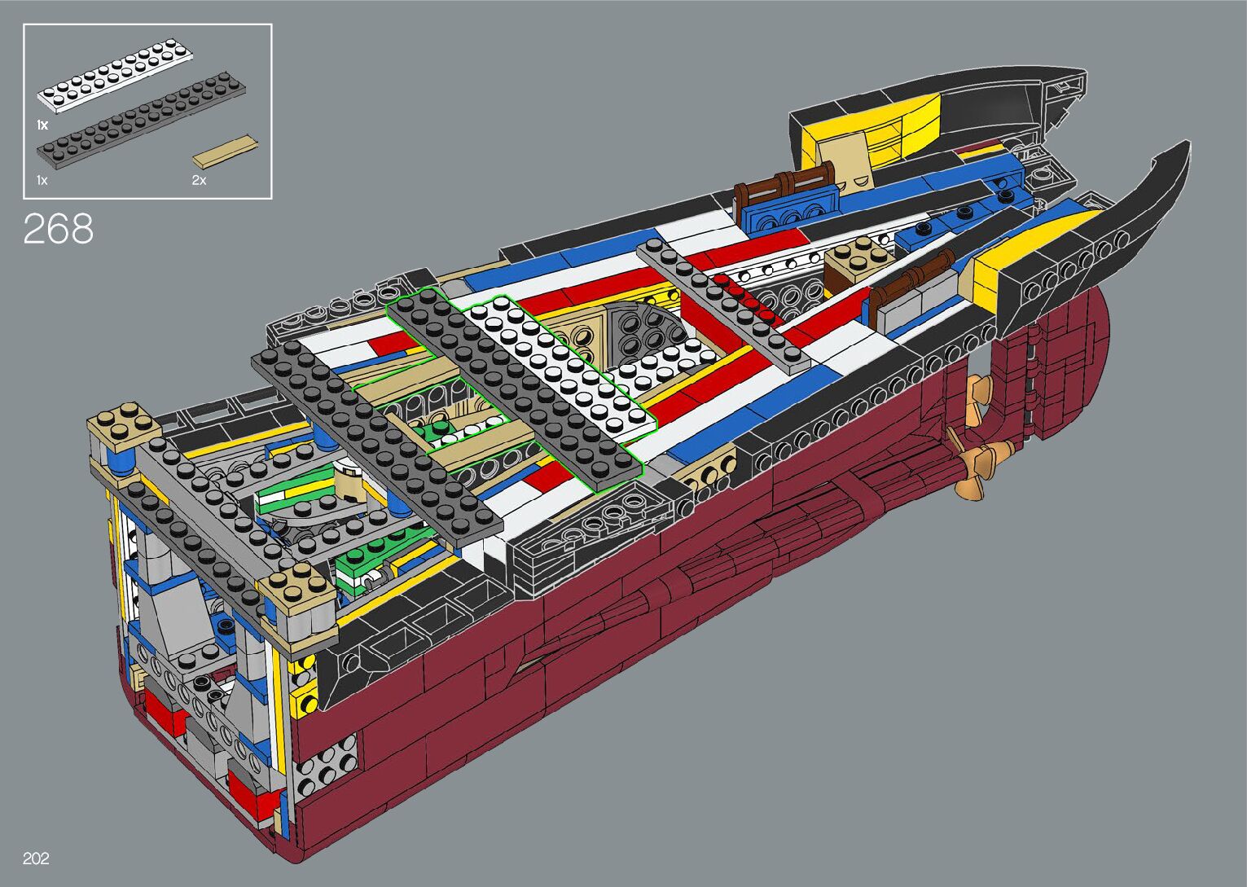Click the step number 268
(59, 229)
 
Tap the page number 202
(36, 858)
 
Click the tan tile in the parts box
(226, 151)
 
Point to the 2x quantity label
(199, 180)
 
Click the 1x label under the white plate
(42, 125)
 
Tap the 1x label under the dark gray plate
(42, 180)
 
